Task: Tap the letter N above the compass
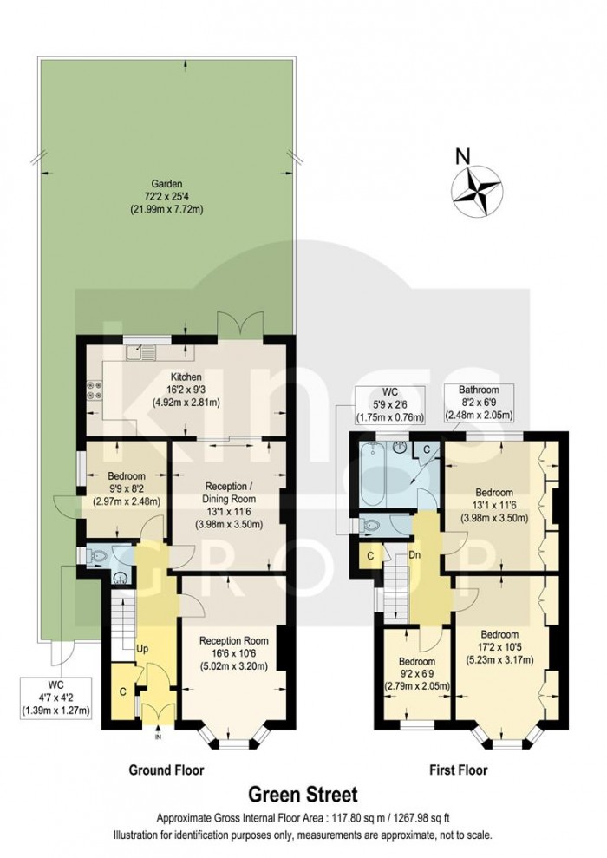coord(464,157)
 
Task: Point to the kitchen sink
coord(140,352)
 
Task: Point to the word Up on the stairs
coord(142,648)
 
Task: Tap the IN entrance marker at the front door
coord(158,738)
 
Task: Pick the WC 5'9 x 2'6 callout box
coord(390,403)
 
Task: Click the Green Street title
coord(303,793)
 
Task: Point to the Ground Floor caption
coord(166,770)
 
